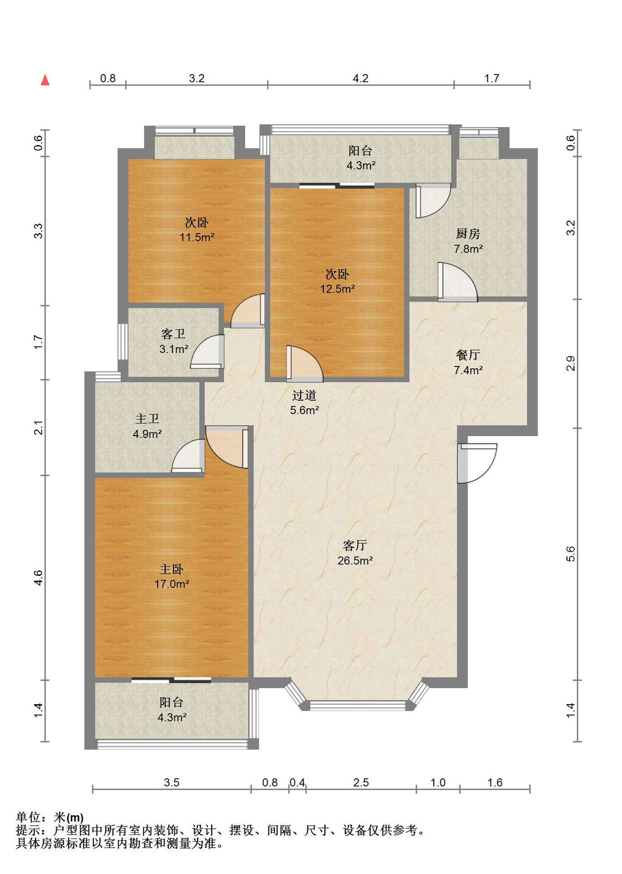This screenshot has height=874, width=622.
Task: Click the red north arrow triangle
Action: (x=45, y=80)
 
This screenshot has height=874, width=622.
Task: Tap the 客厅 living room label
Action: (x=355, y=545)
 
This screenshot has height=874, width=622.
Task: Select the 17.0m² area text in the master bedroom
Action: (x=172, y=584)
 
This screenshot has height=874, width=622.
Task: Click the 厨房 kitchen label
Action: (x=468, y=234)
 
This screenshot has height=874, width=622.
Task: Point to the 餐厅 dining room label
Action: (x=468, y=355)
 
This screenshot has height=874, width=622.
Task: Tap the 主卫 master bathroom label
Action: (x=147, y=419)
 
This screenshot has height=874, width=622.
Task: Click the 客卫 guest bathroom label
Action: (x=173, y=334)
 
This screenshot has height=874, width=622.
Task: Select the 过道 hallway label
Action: (x=304, y=395)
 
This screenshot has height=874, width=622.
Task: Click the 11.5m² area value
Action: (x=197, y=237)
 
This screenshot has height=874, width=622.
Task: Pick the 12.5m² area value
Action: (x=337, y=289)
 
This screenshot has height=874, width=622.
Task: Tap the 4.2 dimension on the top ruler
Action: (x=360, y=78)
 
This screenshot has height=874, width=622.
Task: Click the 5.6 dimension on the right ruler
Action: (x=571, y=554)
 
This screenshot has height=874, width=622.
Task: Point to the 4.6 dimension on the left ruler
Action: (x=38, y=578)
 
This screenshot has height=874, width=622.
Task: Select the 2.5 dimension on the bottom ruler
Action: (x=361, y=783)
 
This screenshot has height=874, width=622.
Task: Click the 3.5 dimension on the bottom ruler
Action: (x=172, y=783)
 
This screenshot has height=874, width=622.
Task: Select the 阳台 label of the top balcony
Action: (x=360, y=151)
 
